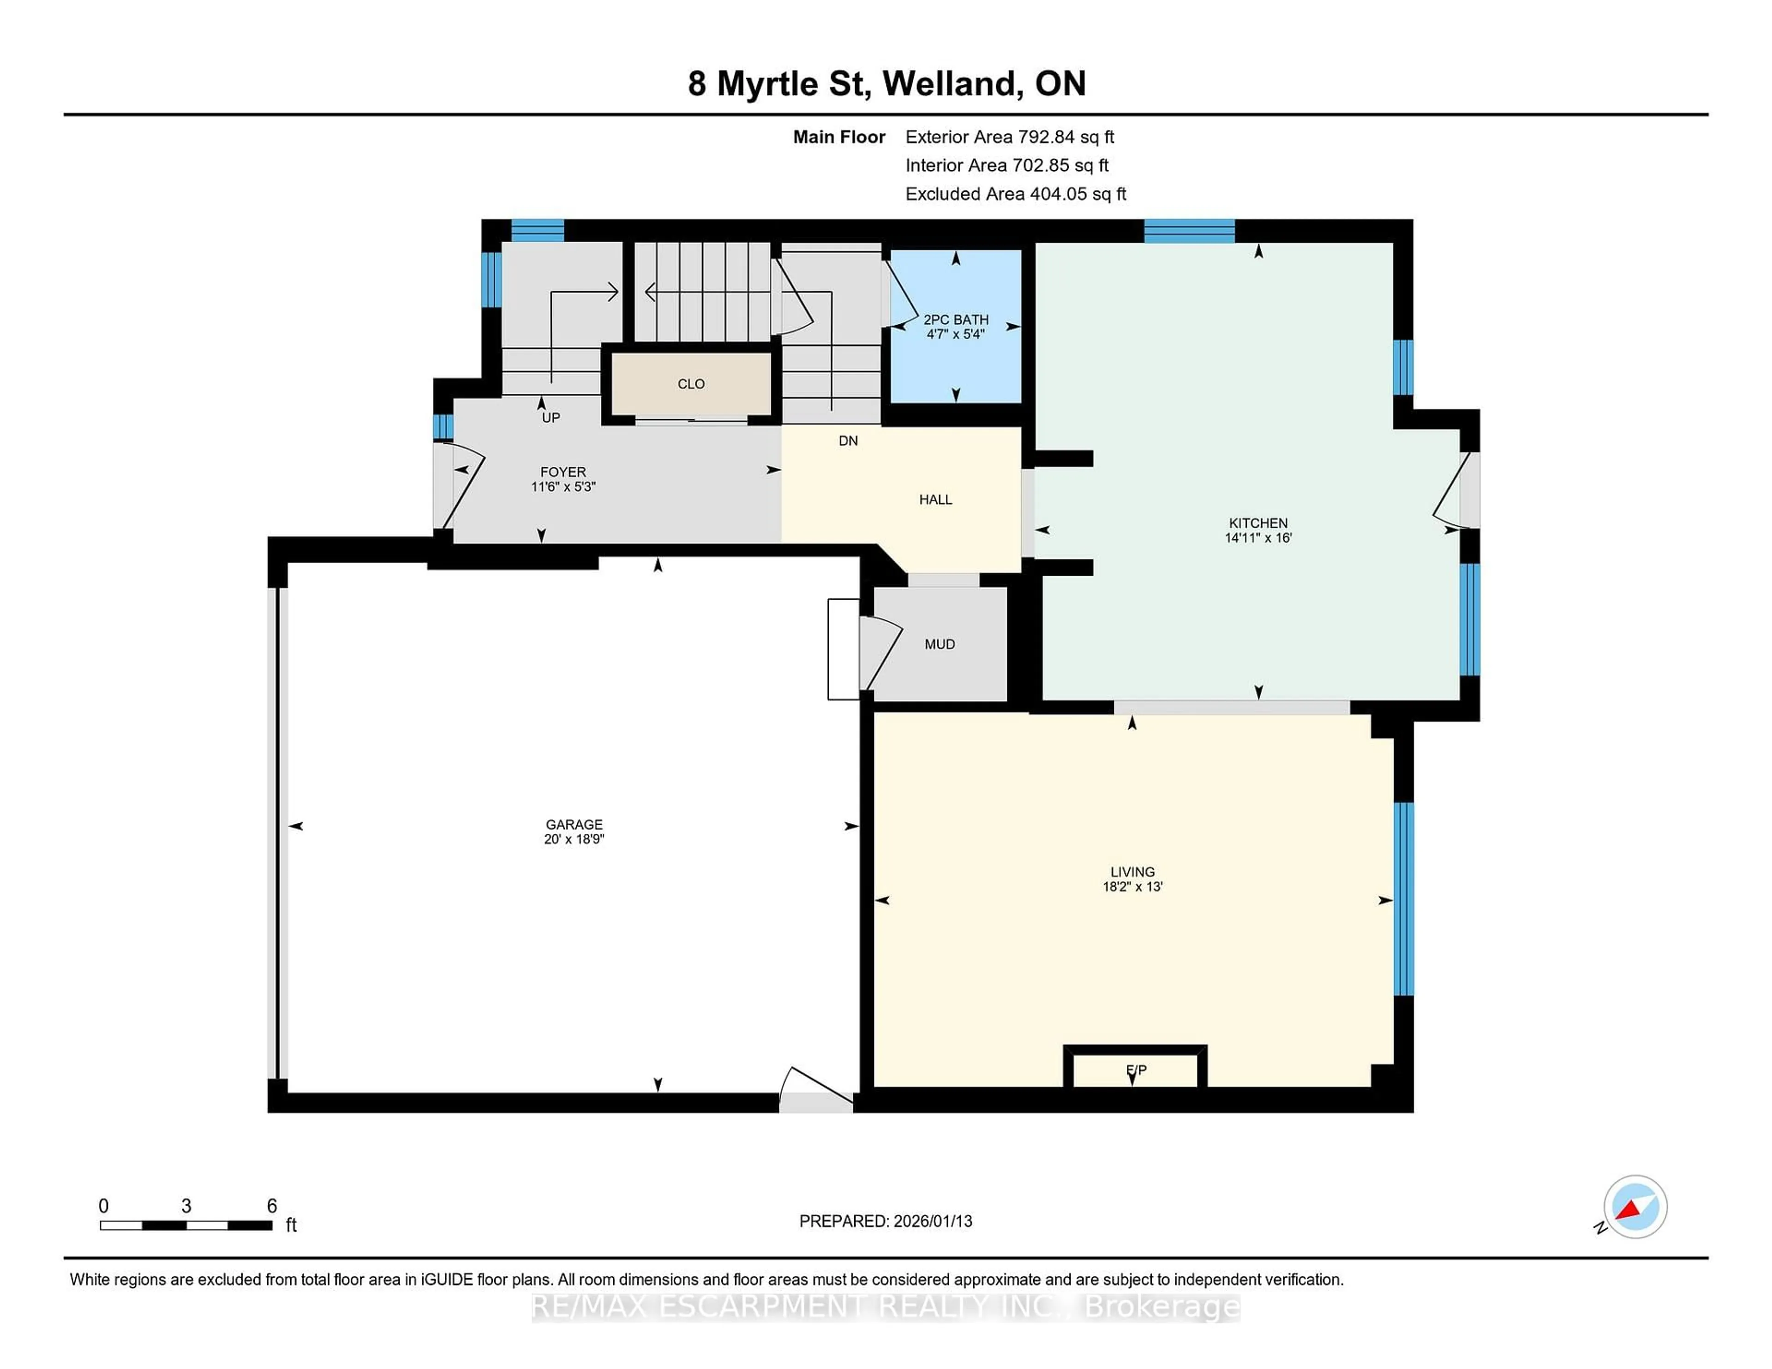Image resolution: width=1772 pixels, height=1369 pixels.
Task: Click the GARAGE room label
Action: point(574,824)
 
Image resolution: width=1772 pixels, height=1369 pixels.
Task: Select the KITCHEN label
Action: point(1257,523)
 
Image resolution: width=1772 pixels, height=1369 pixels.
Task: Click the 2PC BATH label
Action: point(956,320)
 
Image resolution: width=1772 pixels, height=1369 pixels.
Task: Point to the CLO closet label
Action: point(691,384)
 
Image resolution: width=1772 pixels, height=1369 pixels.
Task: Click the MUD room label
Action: point(940,644)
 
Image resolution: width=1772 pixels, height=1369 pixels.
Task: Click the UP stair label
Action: point(551,418)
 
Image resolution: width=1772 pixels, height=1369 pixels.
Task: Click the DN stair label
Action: point(848,440)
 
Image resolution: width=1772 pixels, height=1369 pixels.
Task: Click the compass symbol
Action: point(1635,1206)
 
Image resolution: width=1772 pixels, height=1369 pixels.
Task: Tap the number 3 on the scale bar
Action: point(186,1206)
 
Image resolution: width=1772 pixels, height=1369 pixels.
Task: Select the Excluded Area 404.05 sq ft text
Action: point(1015,194)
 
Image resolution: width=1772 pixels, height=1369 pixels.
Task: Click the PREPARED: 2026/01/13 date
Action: point(885,1220)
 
